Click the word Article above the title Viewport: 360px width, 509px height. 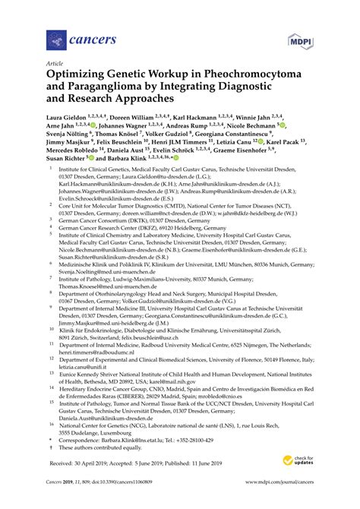(x=55, y=65)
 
